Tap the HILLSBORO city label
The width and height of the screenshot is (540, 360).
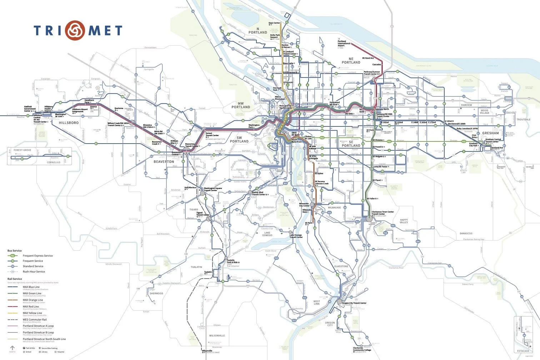pos(69,122)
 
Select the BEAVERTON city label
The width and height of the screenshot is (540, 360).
pos(164,162)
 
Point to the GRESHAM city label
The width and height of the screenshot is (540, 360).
pos(490,133)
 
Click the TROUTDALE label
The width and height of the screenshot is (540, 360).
pos(523,120)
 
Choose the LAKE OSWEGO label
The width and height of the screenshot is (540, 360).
pos(267,234)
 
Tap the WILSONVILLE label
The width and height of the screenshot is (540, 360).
pos(217,336)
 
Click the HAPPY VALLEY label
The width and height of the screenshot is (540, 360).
pos(404,221)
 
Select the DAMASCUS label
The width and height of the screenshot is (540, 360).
pos(466,234)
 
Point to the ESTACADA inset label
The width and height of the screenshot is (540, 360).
pos(523,351)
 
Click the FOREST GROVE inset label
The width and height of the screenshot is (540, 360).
pos(22,150)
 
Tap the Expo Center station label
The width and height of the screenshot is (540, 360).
pos(274,23)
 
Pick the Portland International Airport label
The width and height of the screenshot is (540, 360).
pos(342,44)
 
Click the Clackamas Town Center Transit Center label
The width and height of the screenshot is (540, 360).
pos(382,213)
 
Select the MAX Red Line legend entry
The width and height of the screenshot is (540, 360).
pos(31,306)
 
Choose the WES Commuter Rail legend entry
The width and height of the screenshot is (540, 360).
pos(35,320)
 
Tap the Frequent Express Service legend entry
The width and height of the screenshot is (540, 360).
pos(37,256)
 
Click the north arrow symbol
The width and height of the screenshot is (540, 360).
pos(12,348)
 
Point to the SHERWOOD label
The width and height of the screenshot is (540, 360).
pos(156,294)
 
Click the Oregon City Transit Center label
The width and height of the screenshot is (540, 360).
pos(354,303)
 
